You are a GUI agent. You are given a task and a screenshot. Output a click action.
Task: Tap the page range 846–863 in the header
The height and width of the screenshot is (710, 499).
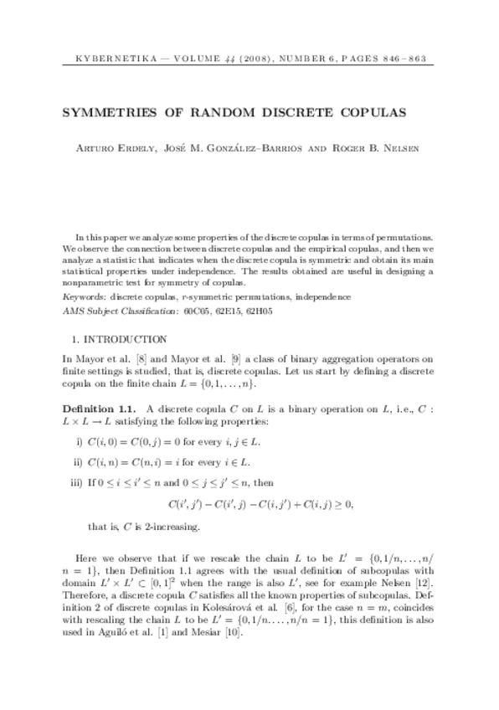coord(404,60)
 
